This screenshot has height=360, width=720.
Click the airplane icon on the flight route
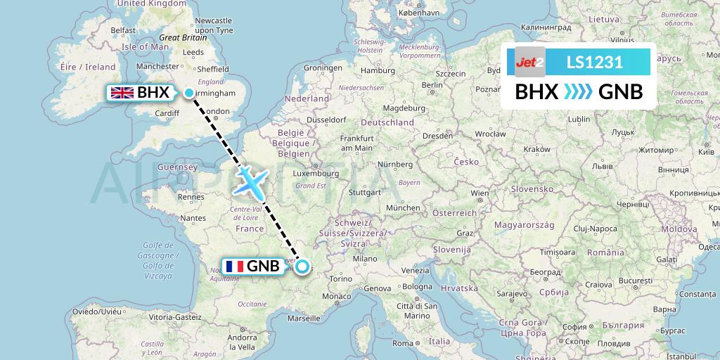click(x=250, y=180)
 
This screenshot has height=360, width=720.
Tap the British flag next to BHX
click(x=122, y=92)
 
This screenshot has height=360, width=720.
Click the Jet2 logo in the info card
click(x=530, y=62)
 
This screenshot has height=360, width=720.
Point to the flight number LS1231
click(x=594, y=62)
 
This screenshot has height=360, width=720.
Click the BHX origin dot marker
click(x=189, y=93)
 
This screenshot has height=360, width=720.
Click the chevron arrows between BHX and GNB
click(x=579, y=92)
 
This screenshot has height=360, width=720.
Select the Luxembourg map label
click(x=316, y=173)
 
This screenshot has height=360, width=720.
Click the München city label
click(x=403, y=208)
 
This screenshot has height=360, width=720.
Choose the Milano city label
click(x=366, y=259)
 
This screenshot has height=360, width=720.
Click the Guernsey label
click(x=177, y=167)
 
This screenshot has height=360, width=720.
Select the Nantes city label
click(x=193, y=219)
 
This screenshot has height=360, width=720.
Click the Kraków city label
click(x=536, y=149)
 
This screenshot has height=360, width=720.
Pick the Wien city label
click(x=480, y=193)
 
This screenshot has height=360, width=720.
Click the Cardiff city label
click(x=168, y=113)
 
